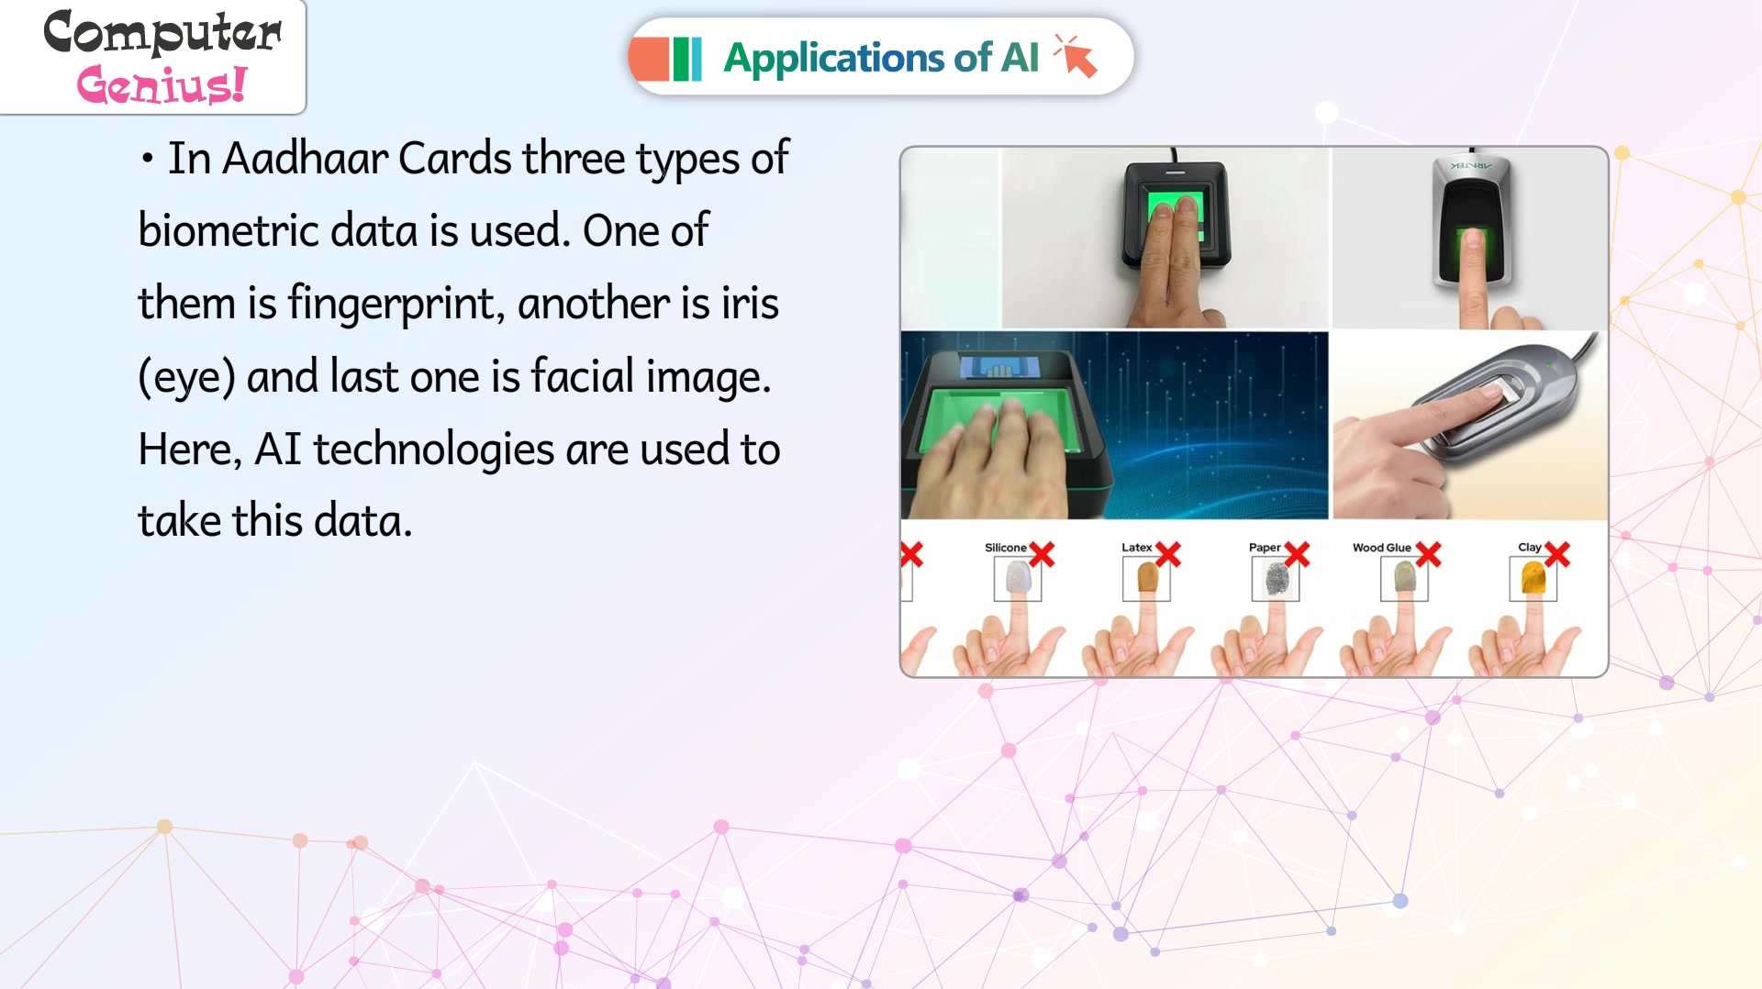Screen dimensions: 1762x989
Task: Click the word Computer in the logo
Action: coord(162,33)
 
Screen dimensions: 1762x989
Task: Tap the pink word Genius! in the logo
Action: coord(162,84)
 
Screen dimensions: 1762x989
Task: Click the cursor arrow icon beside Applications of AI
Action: coord(1076,56)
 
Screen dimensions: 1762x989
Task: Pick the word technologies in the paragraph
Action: coord(434,450)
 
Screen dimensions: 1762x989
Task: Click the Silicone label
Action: coord(1005,548)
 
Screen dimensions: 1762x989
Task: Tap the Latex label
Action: coord(1136,548)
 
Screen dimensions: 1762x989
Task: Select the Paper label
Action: coord(1264,548)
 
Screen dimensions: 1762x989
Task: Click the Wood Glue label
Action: coord(1381,548)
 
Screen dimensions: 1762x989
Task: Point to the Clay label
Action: coord(1529,548)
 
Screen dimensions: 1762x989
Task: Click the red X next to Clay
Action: coord(1557,554)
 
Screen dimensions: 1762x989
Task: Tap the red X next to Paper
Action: coord(1297,554)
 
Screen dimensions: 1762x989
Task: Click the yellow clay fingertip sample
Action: coord(1533,579)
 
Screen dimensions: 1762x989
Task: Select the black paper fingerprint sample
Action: coord(1277,579)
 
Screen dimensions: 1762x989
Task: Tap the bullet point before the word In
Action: coord(147,160)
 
